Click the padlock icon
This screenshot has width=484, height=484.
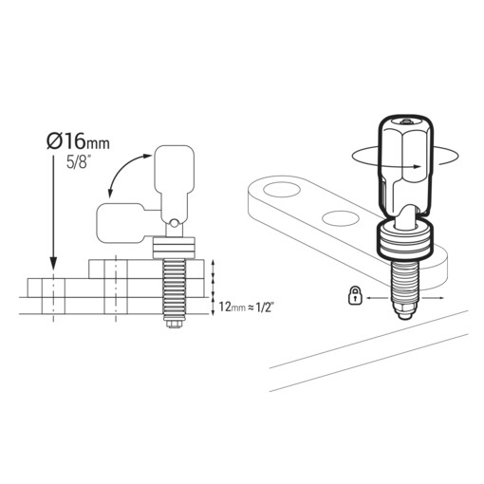click(x=353, y=296)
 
